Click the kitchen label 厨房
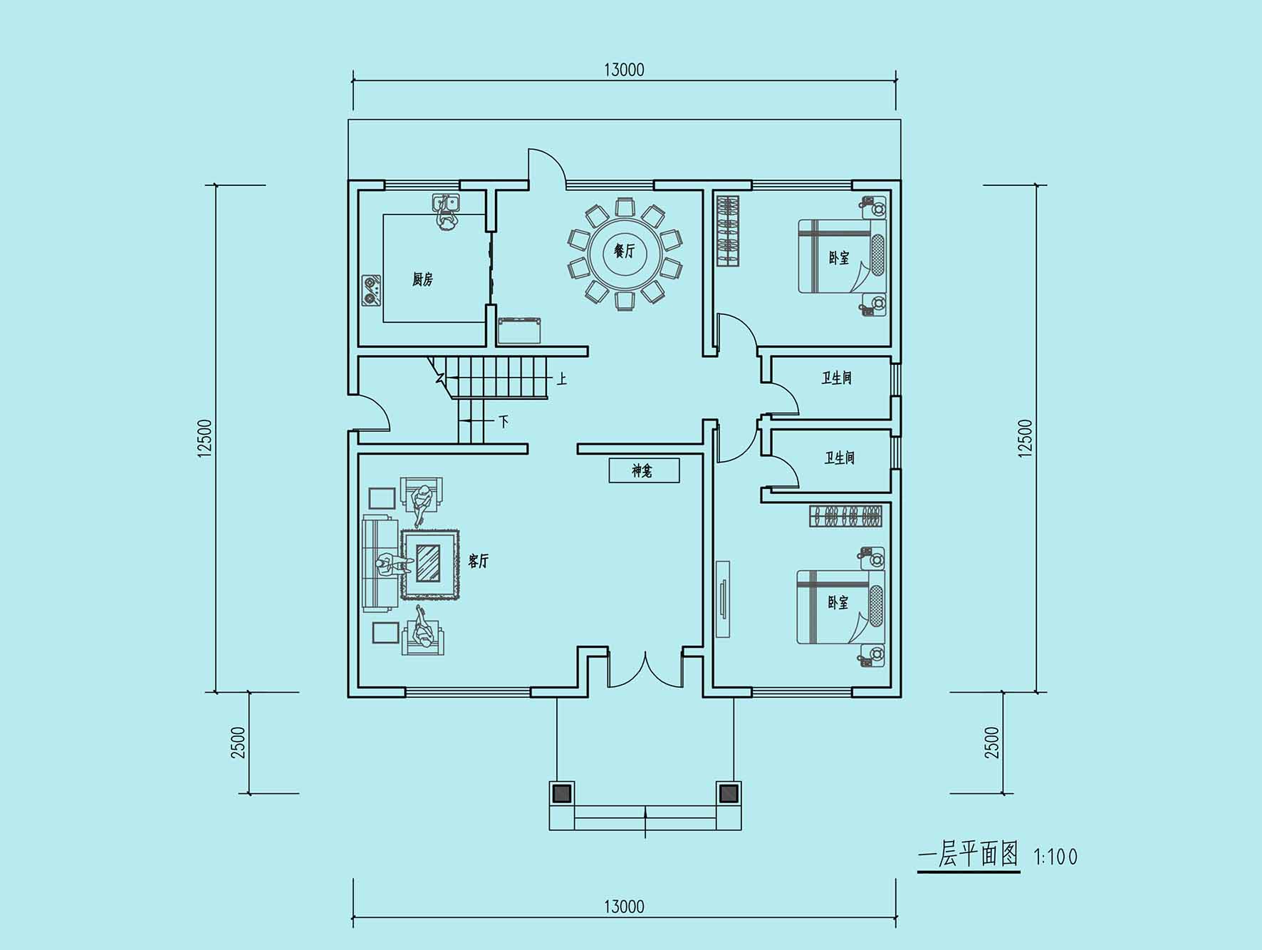[422, 279]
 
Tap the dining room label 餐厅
[625, 251]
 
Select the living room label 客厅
[478, 561]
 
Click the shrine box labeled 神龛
[644, 470]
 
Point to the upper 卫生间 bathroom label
[837, 378]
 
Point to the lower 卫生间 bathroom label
[840, 458]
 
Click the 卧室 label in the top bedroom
[839, 257]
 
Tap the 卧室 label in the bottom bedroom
[838, 602]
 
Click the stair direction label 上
[562, 378]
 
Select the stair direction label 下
[504, 422]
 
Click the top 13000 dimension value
[624, 70]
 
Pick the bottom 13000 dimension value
[624, 907]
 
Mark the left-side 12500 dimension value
[205, 438]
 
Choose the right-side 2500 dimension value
[992, 743]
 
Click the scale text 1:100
[1055, 857]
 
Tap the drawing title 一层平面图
[969, 854]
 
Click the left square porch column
[562, 793]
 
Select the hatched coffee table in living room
[428, 564]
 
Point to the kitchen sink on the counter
[447, 204]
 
